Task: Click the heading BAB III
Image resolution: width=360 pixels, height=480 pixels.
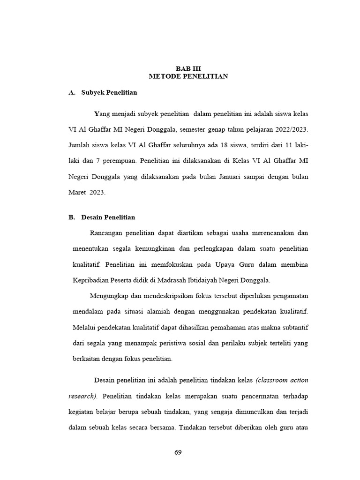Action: (188, 68)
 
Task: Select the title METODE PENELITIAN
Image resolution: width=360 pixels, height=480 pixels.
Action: (188, 76)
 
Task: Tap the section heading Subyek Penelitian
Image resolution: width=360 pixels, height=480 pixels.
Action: (109, 92)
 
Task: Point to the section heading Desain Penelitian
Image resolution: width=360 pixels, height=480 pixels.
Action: (108, 217)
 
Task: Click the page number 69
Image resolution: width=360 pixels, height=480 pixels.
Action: (178, 452)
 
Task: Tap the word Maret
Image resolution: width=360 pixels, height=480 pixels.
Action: (78, 193)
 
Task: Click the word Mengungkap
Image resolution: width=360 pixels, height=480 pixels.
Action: (108, 296)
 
